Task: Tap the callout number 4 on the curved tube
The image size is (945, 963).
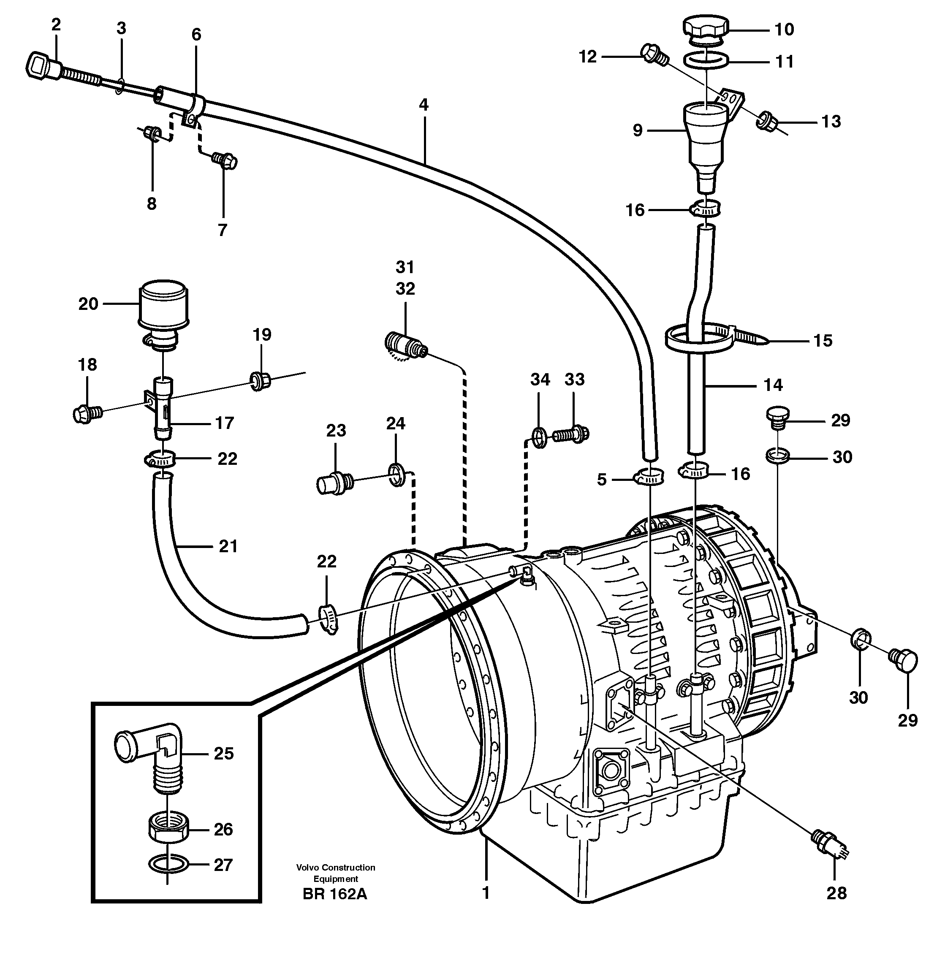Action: tap(424, 105)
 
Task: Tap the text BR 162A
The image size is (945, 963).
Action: tap(335, 895)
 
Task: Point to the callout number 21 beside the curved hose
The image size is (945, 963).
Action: tap(228, 547)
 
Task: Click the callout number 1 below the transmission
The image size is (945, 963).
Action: tap(486, 893)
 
